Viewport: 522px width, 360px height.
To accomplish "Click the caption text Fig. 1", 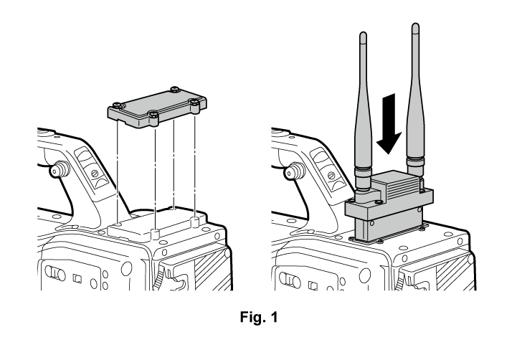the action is (x=259, y=317).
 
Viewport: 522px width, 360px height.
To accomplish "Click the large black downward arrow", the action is (x=389, y=123).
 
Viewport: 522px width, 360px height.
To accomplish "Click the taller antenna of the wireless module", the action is (x=414, y=100).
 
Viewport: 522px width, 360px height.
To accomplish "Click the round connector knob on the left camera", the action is (x=59, y=169).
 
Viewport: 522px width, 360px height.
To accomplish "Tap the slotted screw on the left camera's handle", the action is (x=95, y=173).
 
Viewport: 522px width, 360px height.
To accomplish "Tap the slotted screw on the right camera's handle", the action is (x=331, y=175).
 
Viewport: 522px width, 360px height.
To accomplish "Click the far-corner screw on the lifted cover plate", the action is (x=175, y=89).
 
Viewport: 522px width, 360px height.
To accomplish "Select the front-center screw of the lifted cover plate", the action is (x=153, y=115).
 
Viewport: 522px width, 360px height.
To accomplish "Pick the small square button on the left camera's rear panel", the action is (x=77, y=278).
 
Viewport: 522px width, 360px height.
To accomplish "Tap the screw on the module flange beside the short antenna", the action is (x=377, y=201).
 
